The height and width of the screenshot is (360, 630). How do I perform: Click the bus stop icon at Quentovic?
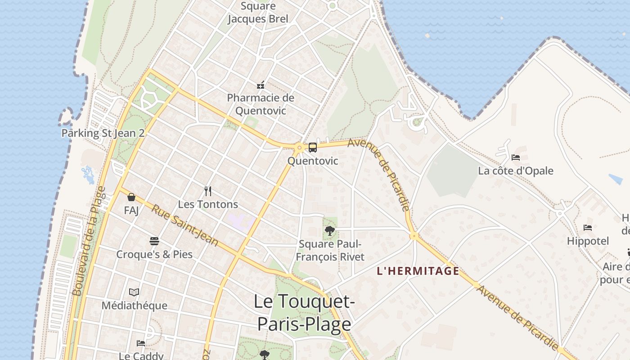coord(312,147)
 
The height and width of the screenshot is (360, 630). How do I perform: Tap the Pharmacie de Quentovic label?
coord(260,104)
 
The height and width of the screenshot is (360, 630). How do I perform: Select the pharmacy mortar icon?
coord(260,85)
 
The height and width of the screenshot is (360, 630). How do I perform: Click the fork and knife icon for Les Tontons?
coord(208,191)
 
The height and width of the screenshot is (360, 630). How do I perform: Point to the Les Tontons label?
coord(208,204)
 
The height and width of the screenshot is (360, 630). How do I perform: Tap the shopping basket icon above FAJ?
coord(131,197)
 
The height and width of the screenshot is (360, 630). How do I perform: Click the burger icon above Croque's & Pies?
coord(154,241)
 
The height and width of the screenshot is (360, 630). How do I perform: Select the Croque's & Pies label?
coord(154,254)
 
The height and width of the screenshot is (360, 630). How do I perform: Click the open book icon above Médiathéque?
coord(134,292)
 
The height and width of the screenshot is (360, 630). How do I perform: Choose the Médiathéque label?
coord(134,306)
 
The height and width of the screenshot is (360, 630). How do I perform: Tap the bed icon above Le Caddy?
coord(141,343)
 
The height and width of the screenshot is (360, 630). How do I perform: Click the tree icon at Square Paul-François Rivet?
coord(330,231)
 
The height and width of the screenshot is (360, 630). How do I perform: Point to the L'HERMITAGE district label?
coord(418,271)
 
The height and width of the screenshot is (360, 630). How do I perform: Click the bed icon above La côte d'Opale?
coord(516,157)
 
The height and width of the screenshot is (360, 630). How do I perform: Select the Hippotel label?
coord(588,241)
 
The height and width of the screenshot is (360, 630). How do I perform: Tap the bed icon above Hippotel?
coord(588,228)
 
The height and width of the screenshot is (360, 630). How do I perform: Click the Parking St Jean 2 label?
coord(103,133)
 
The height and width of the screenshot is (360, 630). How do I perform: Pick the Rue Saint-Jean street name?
coord(184,226)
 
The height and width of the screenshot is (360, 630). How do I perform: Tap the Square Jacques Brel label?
coord(258,13)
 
